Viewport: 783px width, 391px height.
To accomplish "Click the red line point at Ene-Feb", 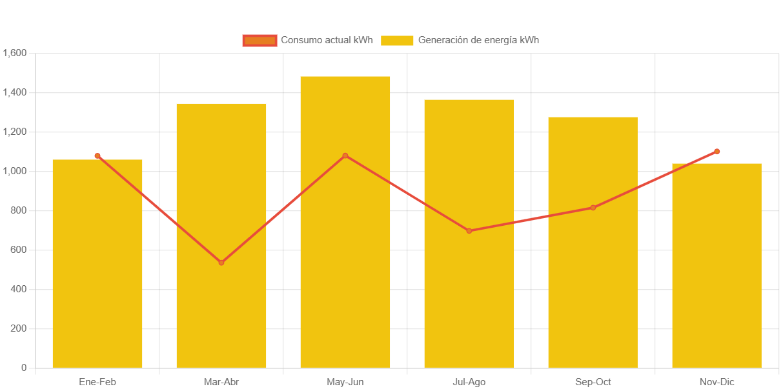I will coord(97,155).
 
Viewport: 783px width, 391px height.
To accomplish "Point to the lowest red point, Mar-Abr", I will coord(221,263).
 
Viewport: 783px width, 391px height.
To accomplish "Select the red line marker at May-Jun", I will coord(345,155).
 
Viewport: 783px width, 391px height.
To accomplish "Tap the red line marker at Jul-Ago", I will coord(469,230).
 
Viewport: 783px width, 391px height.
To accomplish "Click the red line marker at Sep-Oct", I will coord(593,208).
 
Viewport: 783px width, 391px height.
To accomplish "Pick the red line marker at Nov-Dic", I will coord(717,152).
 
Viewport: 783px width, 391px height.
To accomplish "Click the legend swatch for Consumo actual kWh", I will coord(259,40).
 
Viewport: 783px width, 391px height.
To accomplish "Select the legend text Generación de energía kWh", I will coord(478,40).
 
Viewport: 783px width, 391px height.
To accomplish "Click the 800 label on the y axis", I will coord(19,210).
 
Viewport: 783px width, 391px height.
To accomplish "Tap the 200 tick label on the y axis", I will coord(19,328).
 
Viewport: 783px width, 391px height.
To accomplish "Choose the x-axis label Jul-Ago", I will coord(469,382).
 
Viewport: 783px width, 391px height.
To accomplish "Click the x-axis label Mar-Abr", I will coord(221,382).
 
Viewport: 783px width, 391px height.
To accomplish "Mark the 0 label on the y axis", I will coord(24,368).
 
